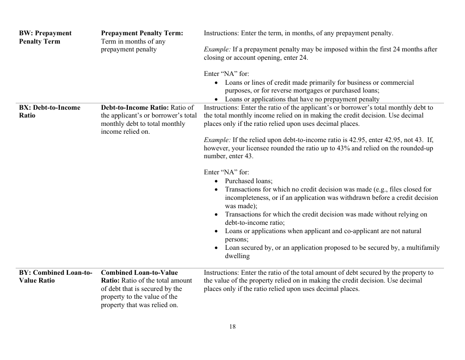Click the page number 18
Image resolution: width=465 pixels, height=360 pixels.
(x=232, y=327)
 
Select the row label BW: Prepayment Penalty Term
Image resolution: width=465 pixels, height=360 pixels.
(x=45, y=37)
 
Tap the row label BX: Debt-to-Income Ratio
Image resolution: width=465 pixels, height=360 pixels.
(x=49, y=111)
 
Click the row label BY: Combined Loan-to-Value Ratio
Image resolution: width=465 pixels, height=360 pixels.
(x=55, y=276)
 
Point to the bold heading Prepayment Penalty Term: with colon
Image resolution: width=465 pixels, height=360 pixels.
(x=141, y=33)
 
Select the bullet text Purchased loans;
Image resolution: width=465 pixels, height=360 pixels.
(x=249, y=181)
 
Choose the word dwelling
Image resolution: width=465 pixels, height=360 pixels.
(x=237, y=256)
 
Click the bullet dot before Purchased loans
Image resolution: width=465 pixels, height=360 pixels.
(x=217, y=181)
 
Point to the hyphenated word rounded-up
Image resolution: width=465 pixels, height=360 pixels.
(x=422, y=148)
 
